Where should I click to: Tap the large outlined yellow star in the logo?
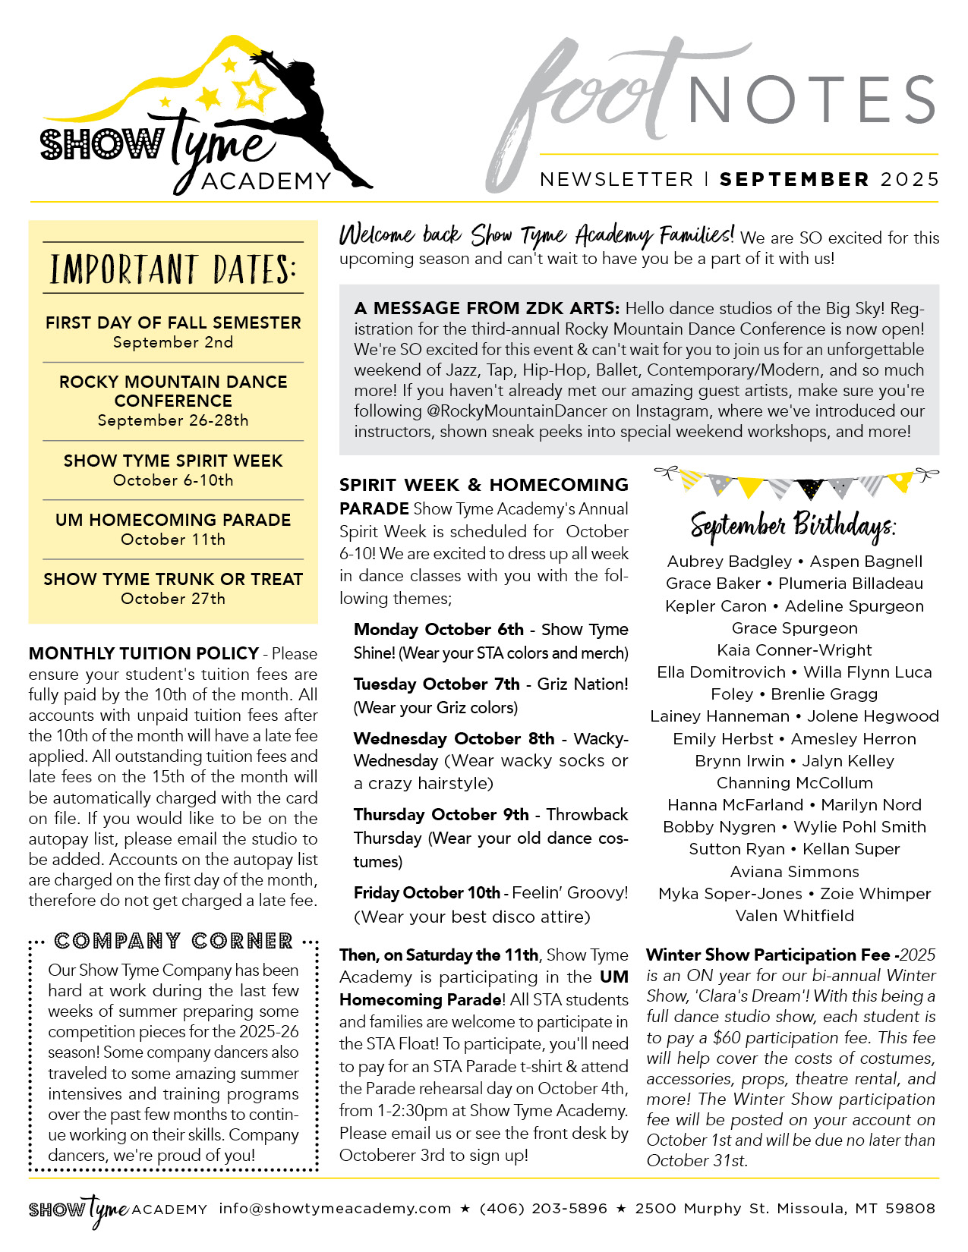[x=253, y=90]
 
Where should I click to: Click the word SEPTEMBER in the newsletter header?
[x=794, y=180]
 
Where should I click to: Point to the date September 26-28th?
[x=173, y=420]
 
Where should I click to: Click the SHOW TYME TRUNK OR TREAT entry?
[x=173, y=579]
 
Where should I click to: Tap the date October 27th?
[x=173, y=599]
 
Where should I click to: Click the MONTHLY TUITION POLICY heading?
[x=143, y=653]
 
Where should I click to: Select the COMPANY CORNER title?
[x=173, y=942]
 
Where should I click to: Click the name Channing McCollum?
[x=794, y=782]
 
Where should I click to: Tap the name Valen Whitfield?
[x=794, y=915]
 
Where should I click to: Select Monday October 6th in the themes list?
[x=438, y=630]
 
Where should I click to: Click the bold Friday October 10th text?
[x=427, y=893]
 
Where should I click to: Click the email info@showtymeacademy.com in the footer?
[x=335, y=1208]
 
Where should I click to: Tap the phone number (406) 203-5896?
[x=544, y=1208]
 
